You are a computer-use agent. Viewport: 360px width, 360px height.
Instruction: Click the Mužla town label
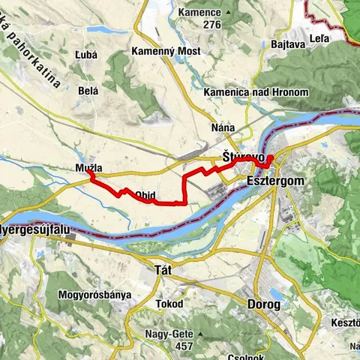point(88,168)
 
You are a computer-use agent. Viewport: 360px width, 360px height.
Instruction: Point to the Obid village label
point(145,196)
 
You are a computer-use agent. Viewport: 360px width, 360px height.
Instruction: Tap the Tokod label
point(169,304)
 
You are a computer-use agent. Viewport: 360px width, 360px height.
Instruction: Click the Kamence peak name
point(199,13)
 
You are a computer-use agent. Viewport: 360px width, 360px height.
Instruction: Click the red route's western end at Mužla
point(89,173)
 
